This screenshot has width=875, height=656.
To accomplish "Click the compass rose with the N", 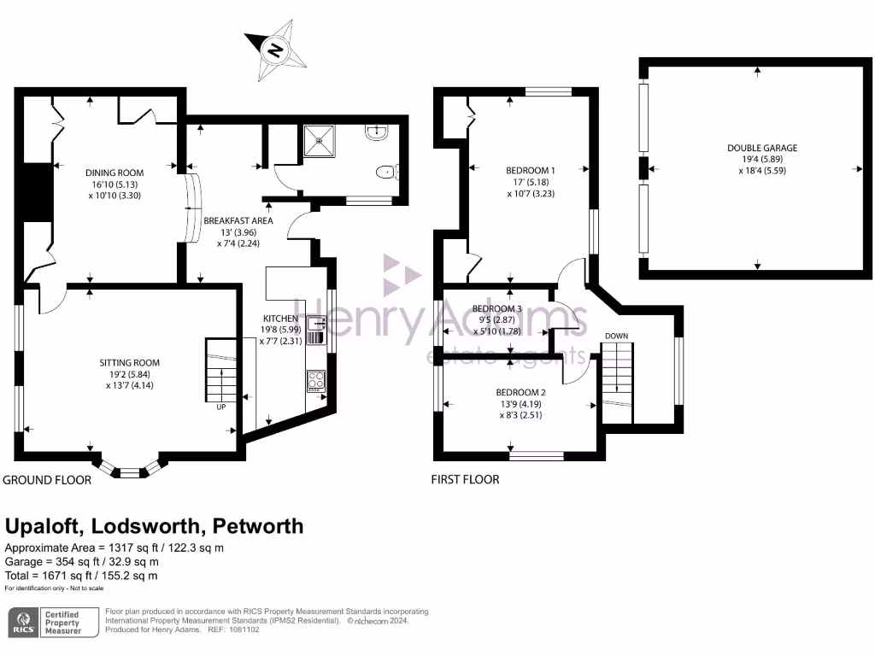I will point(275,50).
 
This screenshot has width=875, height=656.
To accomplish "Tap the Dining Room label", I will point(114,180).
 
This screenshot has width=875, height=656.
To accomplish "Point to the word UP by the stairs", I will point(220,407).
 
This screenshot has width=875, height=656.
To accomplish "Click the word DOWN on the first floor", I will point(616,336).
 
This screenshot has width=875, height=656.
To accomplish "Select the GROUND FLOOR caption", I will point(47,480).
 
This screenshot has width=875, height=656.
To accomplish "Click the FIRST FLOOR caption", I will point(465,480).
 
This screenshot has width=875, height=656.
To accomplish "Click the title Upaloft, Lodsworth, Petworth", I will point(154,526).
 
